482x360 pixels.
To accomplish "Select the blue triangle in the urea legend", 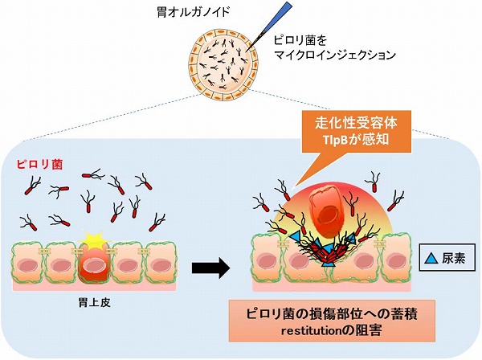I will point(431,259).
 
